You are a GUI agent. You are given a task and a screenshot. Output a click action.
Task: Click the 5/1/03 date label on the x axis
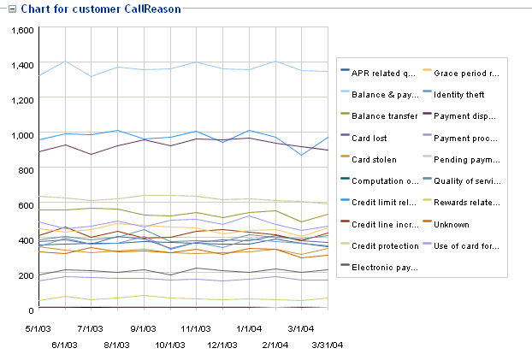point(39,327)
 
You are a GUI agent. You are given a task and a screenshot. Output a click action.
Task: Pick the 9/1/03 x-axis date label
point(144,327)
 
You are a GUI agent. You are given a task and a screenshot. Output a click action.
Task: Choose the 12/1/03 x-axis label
point(222,345)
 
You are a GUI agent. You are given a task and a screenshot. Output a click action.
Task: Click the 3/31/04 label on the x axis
point(326,345)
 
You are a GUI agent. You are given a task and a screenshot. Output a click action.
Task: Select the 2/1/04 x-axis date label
point(275,345)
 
